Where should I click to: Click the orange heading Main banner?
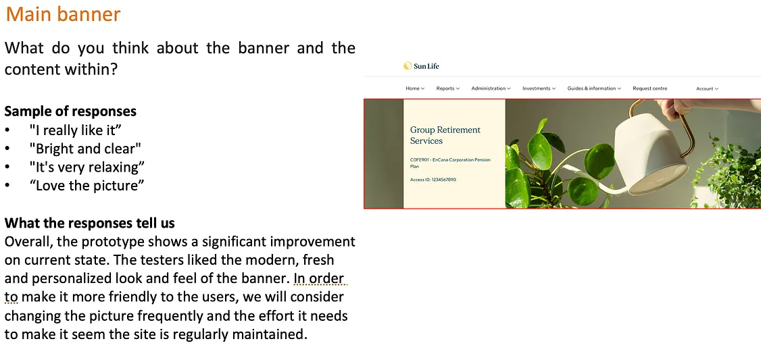(x=63, y=14)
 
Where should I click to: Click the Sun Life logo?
(x=421, y=66)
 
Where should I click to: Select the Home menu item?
(x=414, y=88)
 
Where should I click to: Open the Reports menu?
(x=447, y=88)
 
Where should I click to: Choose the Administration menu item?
(x=491, y=88)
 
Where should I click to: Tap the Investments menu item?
(x=539, y=88)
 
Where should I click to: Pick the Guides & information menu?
(x=594, y=88)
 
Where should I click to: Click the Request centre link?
(x=649, y=88)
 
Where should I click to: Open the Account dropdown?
(x=707, y=88)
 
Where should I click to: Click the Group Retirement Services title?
(x=445, y=135)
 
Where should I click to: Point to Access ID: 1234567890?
(x=433, y=180)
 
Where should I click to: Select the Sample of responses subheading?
(x=70, y=111)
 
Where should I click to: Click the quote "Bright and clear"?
(x=85, y=149)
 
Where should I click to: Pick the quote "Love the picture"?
(x=87, y=185)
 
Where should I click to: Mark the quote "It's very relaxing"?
(x=87, y=167)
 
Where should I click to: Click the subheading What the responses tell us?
(x=89, y=223)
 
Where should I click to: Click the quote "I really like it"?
(x=75, y=130)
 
